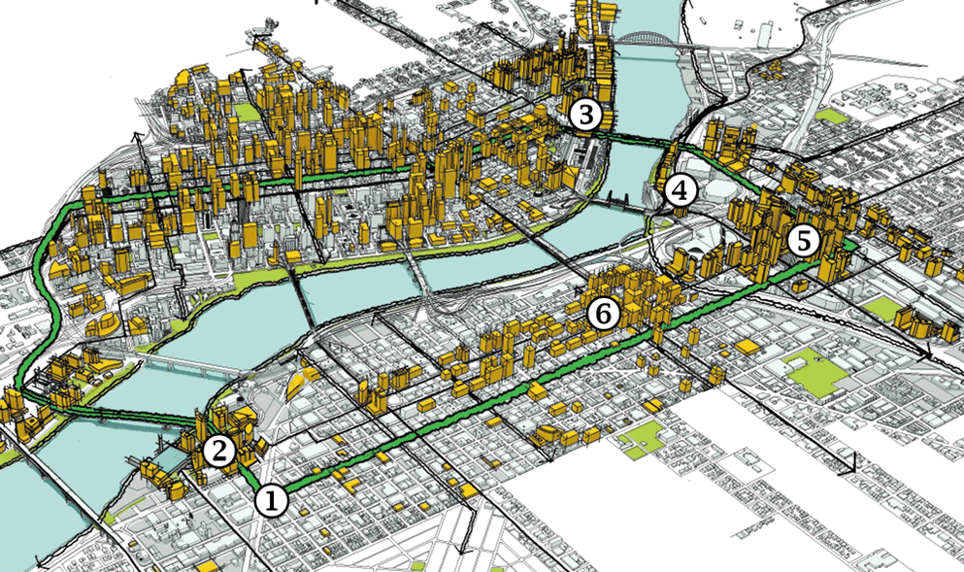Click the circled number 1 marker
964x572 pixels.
click(x=271, y=500)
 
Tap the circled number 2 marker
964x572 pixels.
click(x=218, y=450)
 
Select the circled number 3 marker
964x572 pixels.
click(x=584, y=116)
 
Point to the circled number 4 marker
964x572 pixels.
click(x=681, y=191)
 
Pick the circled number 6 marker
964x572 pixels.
click(x=603, y=313)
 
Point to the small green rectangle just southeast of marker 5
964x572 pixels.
click(x=882, y=309)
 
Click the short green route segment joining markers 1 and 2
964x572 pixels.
click(x=247, y=477)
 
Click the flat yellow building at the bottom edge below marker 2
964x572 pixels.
click(x=207, y=564)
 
